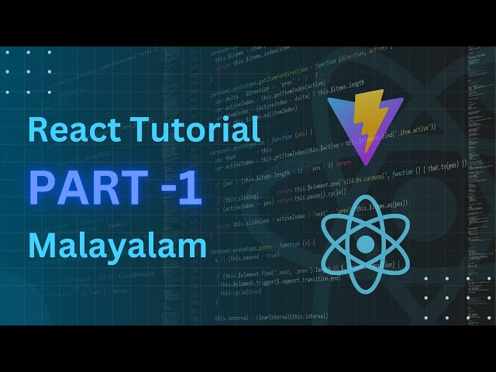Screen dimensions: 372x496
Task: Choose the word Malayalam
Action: [118, 246]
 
